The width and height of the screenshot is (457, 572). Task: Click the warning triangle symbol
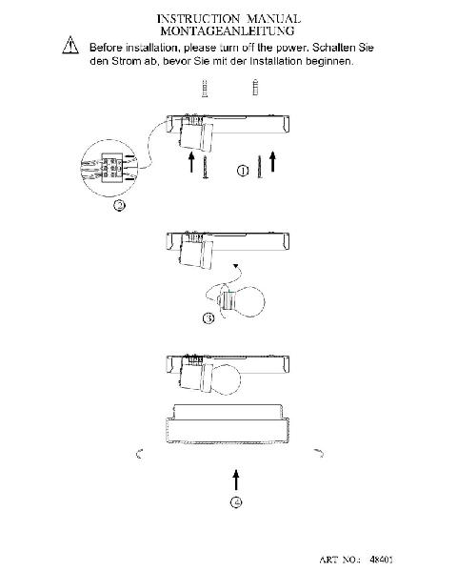point(70,46)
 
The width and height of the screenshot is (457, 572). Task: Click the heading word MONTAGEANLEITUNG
point(228,31)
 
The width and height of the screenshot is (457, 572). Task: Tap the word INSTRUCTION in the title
point(198,19)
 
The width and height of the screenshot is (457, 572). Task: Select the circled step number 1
point(243,171)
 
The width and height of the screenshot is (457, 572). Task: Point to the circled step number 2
point(119,205)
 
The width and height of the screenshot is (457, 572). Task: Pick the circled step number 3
point(209,318)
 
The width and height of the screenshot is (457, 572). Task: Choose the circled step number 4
point(236,502)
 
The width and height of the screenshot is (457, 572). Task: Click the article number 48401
point(381,560)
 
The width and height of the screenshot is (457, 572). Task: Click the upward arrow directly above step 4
point(236,480)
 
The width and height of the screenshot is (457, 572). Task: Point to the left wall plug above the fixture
point(206,89)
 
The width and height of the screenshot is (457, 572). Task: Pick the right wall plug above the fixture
point(255,87)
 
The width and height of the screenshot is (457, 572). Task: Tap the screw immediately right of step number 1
point(260,167)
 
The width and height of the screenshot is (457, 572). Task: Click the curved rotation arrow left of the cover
point(139,454)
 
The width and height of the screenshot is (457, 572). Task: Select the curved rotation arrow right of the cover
point(320,453)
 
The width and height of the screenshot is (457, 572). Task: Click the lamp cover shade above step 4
point(228,424)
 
